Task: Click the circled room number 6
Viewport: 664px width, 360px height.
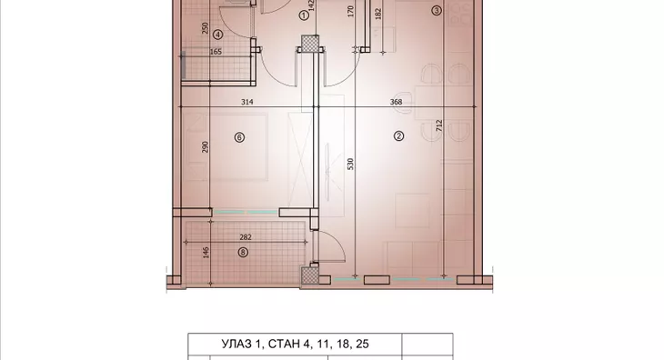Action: coord(239,137)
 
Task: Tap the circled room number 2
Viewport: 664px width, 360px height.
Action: coord(398,137)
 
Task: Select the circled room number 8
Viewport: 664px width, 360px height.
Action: coord(242,253)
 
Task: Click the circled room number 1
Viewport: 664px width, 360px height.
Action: coord(303,15)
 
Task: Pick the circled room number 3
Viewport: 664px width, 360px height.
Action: coord(437,11)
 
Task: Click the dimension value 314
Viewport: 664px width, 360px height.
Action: coord(246,103)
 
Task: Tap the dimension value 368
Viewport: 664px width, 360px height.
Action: coord(396,103)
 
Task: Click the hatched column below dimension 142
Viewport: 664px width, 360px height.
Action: coord(311,43)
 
